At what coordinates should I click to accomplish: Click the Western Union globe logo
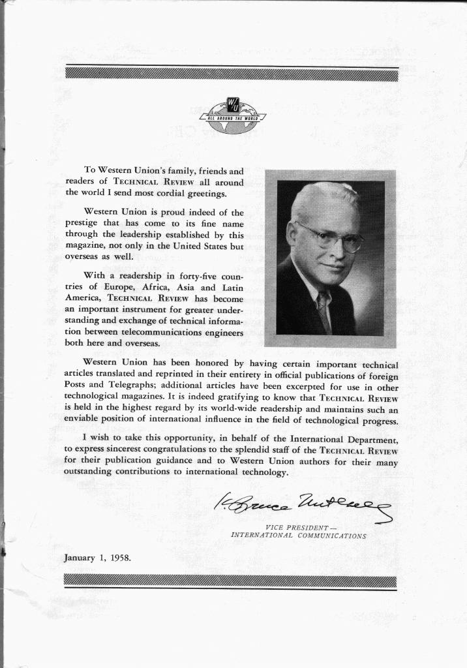pos(233,115)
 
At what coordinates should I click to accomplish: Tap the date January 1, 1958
pos(98,558)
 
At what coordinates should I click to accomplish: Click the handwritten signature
pos(303,504)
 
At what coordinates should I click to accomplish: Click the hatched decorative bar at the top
pos(232,74)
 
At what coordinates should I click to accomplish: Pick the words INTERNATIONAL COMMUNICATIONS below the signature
pos(298,536)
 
